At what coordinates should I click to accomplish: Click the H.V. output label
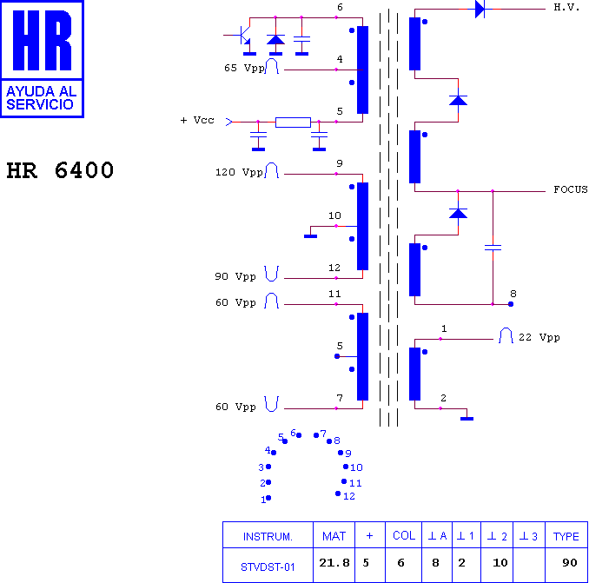[x=566, y=8]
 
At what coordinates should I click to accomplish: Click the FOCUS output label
[x=571, y=189]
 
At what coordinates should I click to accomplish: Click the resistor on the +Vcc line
[x=293, y=123]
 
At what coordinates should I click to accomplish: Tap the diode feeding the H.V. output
[x=480, y=9]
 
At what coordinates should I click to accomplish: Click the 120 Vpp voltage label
[x=239, y=172]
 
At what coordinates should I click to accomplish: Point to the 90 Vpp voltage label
[x=235, y=276]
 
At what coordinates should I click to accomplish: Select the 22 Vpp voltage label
[x=539, y=337]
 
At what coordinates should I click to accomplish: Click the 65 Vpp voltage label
[x=244, y=68]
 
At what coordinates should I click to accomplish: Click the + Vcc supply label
[x=197, y=120]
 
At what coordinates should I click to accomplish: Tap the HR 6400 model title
[x=60, y=170]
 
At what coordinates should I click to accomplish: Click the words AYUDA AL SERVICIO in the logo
[x=42, y=97]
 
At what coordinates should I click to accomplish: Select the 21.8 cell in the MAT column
[x=334, y=563]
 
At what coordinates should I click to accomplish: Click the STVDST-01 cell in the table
[x=268, y=567]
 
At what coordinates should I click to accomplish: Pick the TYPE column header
[x=566, y=536]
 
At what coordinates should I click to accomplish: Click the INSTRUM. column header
[x=268, y=536]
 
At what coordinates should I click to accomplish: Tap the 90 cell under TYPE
[x=570, y=563]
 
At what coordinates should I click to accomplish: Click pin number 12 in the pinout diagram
[x=349, y=496]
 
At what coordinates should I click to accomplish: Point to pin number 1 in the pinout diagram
[x=263, y=500]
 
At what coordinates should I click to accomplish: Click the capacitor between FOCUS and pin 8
[x=493, y=248]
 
